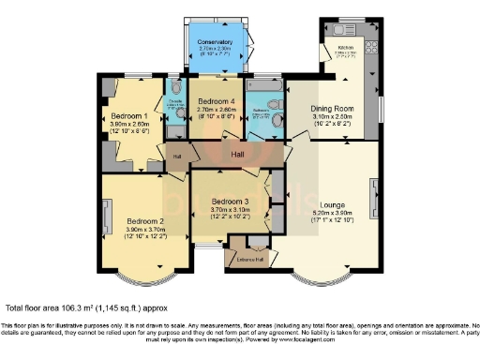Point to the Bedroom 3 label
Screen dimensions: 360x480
click(230, 202)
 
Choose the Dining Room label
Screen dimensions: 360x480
click(333, 108)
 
